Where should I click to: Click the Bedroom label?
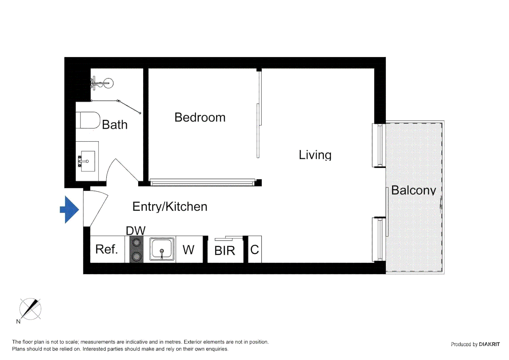tap(200, 117)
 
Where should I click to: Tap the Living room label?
tap(315, 155)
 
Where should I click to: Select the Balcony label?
tap(413, 190)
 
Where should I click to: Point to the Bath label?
tap(115, 125)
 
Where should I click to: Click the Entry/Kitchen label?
tap(170, 207)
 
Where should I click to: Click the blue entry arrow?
tap(70, 209)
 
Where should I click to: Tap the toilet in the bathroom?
tap(89, 120)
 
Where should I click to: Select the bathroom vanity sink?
tap(88, 161)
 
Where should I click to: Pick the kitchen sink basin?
tap(162, 249)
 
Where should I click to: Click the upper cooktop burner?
tap(136, 242)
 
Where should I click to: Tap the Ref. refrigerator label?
tap(107, 249)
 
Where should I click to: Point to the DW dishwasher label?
tap(136, 231)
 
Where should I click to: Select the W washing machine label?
tap(189, 250)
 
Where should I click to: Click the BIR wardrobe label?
tap(225, 251)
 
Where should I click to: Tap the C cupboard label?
tap(254, 250)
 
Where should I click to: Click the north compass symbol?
tap(30, 309)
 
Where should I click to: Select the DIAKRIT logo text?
tap(489, 344)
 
